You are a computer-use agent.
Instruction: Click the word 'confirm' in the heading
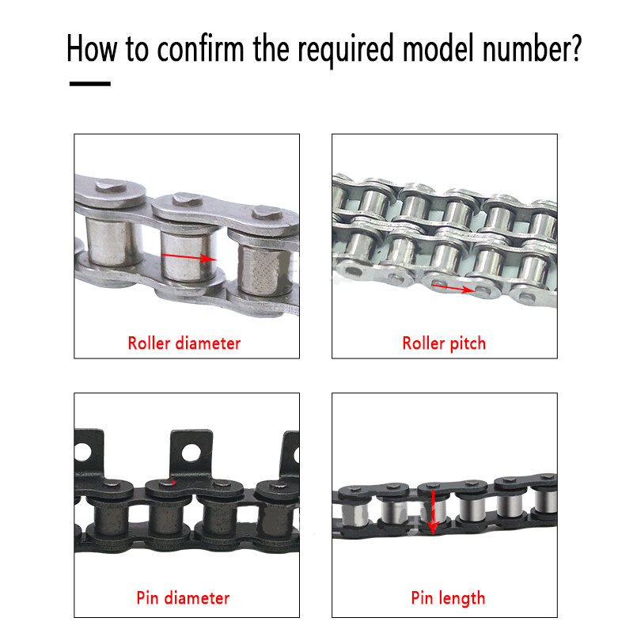(x=201, y=48)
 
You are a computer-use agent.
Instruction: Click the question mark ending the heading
(x=574, y=48)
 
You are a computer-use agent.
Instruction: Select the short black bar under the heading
(x=89, y=83)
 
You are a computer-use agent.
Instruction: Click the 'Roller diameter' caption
(x=184, y=343)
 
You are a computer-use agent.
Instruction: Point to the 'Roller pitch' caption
(x=444, y=343)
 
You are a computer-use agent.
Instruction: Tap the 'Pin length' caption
(x=448, y=598)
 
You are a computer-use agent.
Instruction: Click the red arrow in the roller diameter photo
(x=188, y=257)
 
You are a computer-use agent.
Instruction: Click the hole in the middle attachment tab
(x=190, y=453)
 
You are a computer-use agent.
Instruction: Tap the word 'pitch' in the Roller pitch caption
(x=467, y=343)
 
